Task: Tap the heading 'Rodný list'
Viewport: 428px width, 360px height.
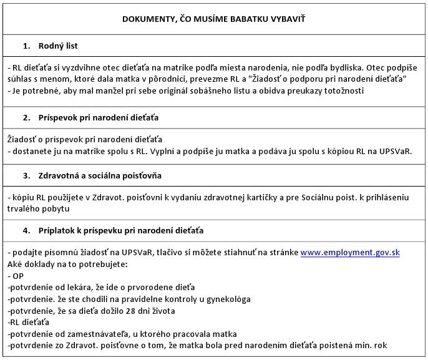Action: pos(58,46)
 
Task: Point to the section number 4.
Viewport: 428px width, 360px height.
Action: pos(26,230)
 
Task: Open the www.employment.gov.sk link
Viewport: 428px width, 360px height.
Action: pos(350,253)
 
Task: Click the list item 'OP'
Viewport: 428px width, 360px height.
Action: pos(17,275)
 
